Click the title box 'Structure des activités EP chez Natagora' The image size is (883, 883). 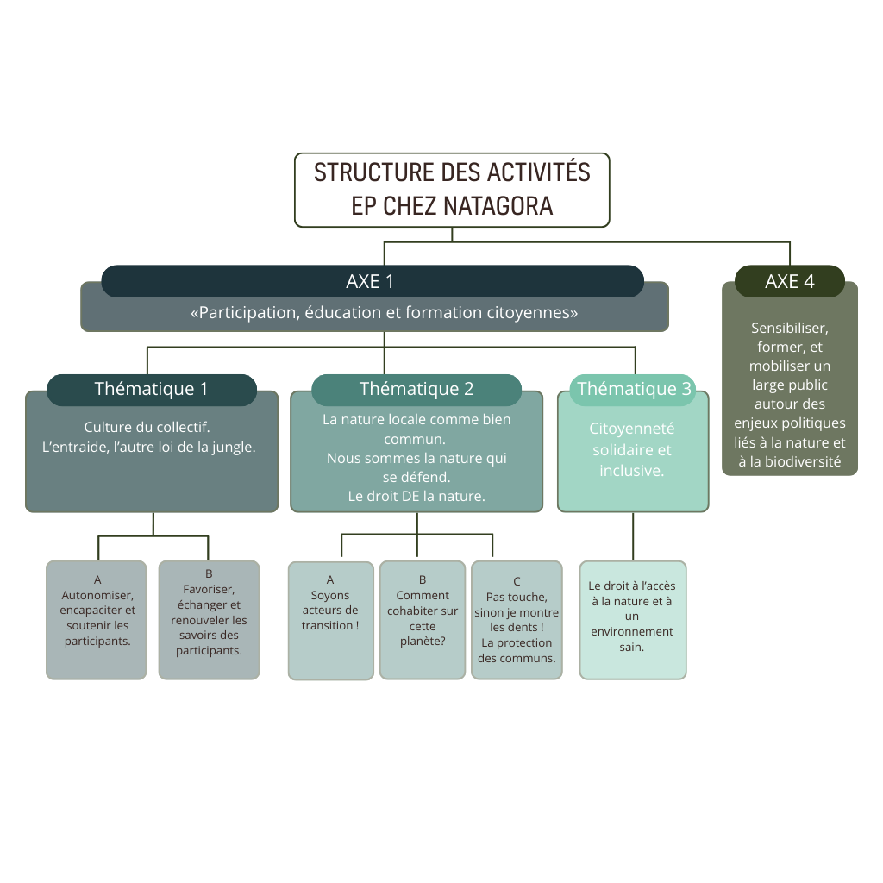pyautogui.click(x=452, y=190)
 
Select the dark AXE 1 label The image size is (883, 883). pyautogui.click(x=372, y=281)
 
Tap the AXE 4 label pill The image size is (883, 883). pyautogui.click(x=789, y=281)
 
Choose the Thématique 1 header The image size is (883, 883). pyautogui.click(x=152, y=390)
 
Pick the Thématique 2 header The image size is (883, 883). pyautogui.click(x=416, y=390)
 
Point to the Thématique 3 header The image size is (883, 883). pyautogui.click(x=634, y=390)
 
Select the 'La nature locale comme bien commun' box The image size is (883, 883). pyautogui.click(x=416, y=466)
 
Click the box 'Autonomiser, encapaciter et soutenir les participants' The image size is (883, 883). pyautogui.click(x=97, y=620)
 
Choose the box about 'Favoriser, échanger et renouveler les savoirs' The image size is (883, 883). pyautogui.click(x=209, y=620)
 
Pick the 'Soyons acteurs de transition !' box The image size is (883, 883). pyautogui.click(x=330, y=621)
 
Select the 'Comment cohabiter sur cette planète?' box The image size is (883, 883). pyautogui.click(x=423, y=620)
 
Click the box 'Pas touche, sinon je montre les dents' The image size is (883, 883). pyautogui.click(x=517, y=620)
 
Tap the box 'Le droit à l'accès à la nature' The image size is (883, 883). pyautogui.click(x=633, y=620)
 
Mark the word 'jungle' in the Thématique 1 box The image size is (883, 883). pyautogui.click(x=236, y=448)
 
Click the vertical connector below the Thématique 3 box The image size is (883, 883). pyautogui.click(x=633, y=536)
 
